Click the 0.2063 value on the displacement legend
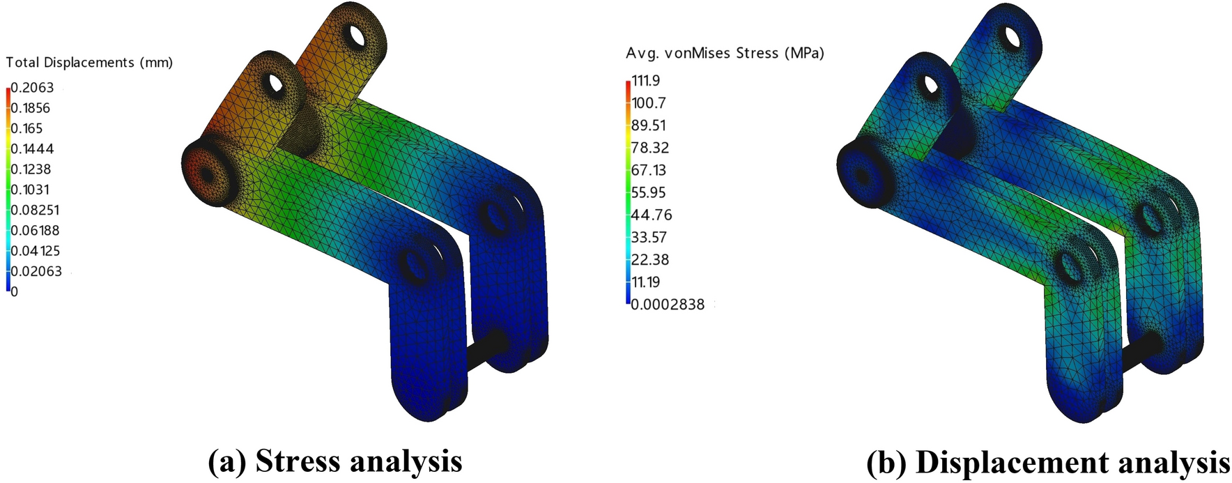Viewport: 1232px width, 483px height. pos(32,88)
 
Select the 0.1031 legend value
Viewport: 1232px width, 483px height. pos(30,190)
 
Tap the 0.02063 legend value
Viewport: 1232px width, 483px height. pos(36,271)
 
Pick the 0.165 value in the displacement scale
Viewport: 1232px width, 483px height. pos(26,128)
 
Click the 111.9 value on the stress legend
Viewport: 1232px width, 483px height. pos(645,81)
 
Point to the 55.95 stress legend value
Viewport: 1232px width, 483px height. pos(648,192)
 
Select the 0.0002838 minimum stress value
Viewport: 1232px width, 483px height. pos(668,305)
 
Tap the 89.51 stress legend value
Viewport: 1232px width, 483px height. pos(648,125)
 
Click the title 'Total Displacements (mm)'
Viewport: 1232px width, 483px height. pos(89,63)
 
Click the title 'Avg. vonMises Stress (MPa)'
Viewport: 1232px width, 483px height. pos(725,53)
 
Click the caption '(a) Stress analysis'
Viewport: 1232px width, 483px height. pos(335,461)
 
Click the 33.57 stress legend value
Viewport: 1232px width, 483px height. pos(648,238)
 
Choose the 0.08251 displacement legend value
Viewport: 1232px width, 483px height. pos(34,210)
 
